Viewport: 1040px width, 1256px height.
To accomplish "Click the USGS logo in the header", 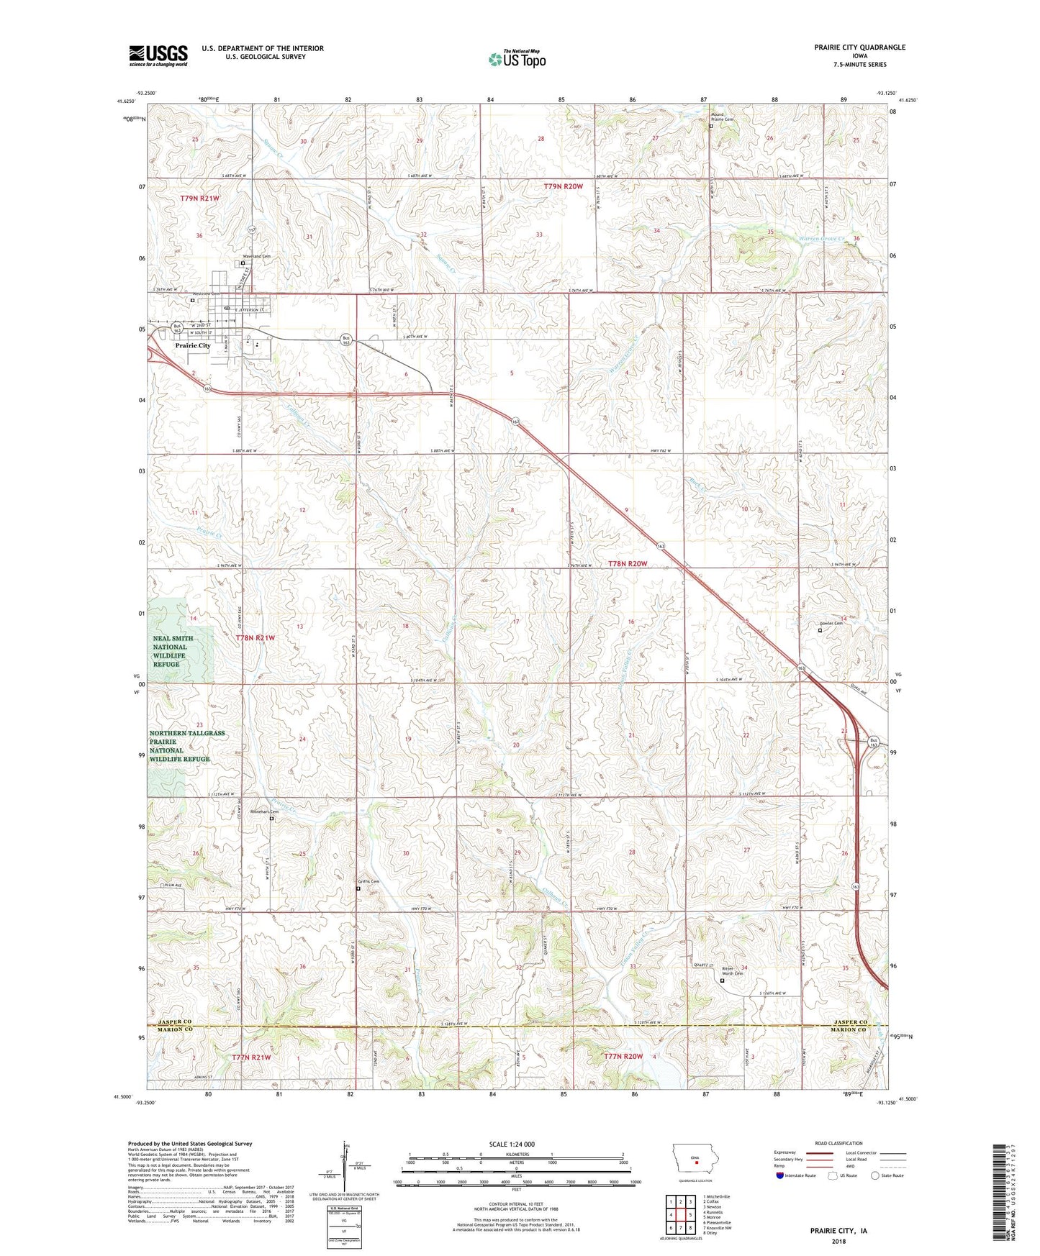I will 158,55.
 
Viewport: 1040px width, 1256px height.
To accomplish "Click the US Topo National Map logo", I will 516,59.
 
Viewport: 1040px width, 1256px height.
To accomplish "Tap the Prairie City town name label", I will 193,345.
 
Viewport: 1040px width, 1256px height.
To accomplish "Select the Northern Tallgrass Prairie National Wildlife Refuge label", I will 187,746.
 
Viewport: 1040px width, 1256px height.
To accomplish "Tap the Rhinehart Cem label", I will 264,811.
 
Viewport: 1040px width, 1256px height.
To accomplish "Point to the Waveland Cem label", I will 256,256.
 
